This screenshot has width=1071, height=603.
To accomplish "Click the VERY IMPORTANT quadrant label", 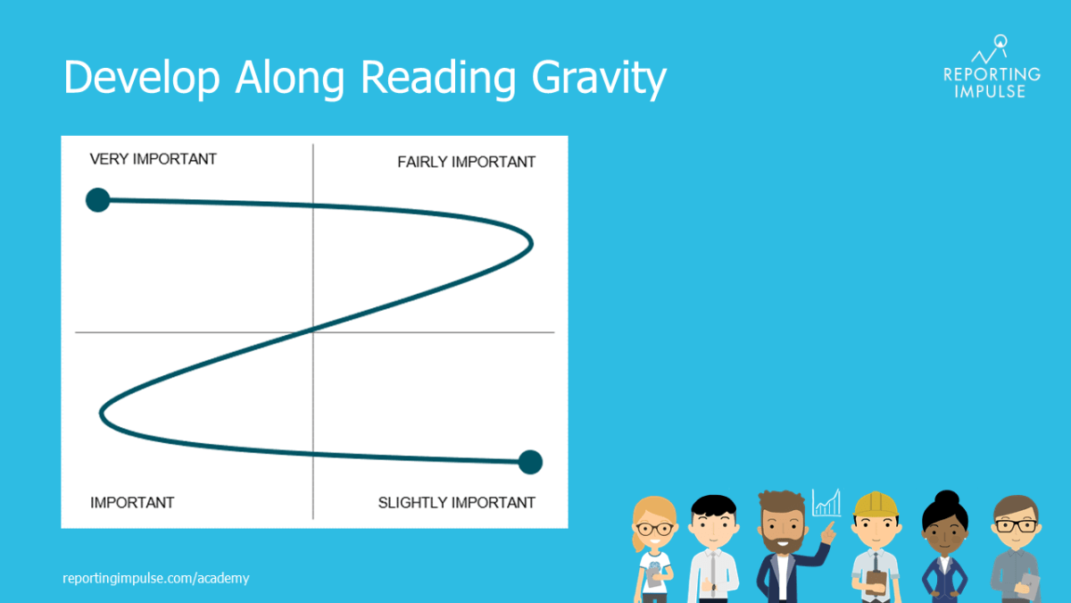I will pos(153,159).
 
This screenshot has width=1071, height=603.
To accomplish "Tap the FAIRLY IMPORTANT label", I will pos(466,162).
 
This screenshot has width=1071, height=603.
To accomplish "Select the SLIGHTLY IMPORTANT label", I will pos(456,502).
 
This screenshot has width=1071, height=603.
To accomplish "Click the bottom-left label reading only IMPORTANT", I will pos(132,502).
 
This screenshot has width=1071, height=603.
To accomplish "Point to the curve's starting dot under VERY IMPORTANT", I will pos(97,200).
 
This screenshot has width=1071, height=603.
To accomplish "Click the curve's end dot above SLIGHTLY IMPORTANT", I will pos(530,462).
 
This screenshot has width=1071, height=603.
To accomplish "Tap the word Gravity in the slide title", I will pos(599,79).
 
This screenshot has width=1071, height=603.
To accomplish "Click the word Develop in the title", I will pos(142,79).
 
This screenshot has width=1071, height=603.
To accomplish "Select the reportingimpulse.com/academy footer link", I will pos(156,578).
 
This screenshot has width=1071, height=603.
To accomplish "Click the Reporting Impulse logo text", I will pos(991,82).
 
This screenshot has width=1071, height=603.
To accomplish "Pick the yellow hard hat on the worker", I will pos(875,505).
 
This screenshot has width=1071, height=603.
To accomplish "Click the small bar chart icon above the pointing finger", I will pos(826,503).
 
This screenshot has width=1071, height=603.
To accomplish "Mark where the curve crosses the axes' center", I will pos(313,331).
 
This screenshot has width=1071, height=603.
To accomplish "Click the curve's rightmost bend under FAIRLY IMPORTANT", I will pos(532,242).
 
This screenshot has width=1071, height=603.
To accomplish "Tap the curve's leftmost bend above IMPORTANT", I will pos(102,413).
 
